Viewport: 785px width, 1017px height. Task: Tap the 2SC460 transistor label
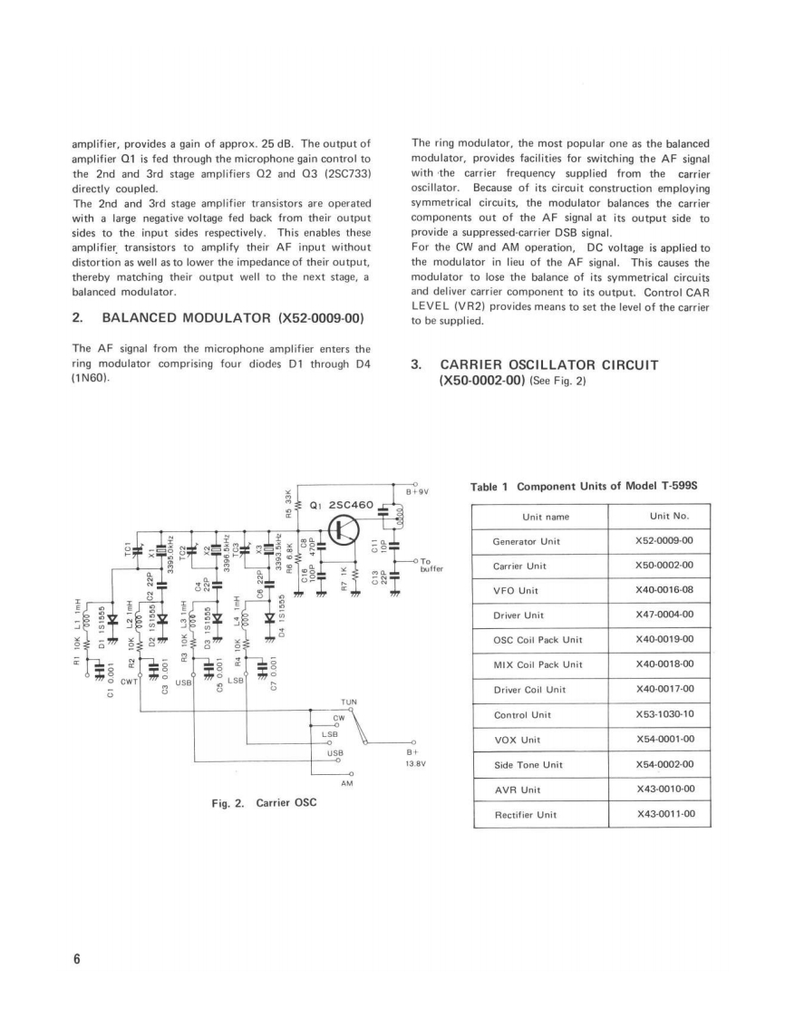[x=344, y=504]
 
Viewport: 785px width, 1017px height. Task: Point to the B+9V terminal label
[x=416, y=492]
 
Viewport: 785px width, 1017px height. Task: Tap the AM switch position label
[x=345, y=781]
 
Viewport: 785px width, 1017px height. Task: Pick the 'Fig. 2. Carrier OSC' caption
[x=263, y=803]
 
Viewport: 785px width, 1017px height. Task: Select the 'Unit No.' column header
[x=670, y=517]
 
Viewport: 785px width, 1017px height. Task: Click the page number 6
[x=77, y=960]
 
